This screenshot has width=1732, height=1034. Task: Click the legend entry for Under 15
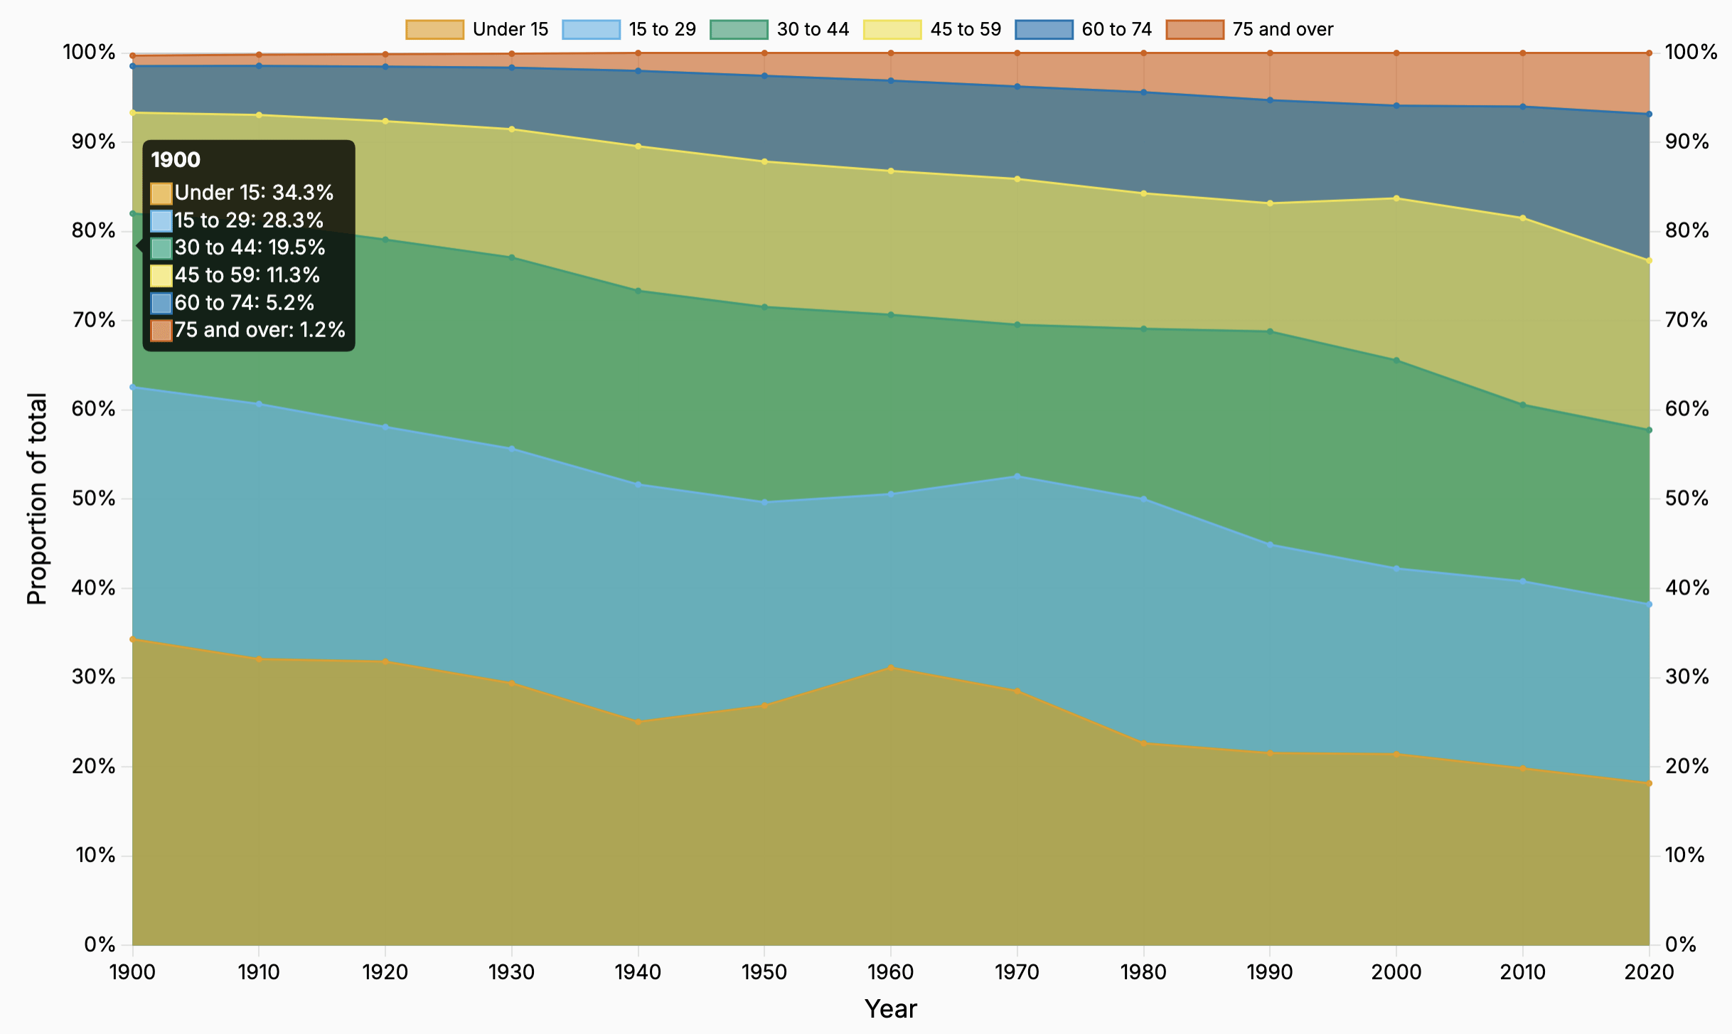point(477,29)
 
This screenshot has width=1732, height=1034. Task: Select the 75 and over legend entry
point(1249,29)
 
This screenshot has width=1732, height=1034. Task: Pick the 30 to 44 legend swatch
point(739,29)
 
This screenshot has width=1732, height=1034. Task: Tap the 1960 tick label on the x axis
point(891,971)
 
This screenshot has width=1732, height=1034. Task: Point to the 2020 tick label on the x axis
point(1649,971)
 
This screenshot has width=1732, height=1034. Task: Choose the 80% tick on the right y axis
point(1686,230)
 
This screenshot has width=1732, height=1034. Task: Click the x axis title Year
point(891,1008)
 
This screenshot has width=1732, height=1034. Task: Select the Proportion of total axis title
point(37,499)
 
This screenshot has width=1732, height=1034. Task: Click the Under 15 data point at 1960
point(891,668)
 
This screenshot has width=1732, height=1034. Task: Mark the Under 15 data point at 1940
point(638,722)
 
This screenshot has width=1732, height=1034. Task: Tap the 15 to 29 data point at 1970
point(1017,476)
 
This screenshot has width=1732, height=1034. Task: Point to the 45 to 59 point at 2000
point(1396,198)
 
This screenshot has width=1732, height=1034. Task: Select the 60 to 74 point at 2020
point(1649,114)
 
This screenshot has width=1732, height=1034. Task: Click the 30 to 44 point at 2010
point(1523,405)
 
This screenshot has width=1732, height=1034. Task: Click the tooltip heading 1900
point(176,160)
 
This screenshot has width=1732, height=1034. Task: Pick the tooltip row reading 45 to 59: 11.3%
point(246,275)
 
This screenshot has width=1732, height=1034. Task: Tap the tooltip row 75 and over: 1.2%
point(259,330)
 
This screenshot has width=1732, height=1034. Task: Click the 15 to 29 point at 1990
point(1270,545)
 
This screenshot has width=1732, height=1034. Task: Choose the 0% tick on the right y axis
point(1682,944)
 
